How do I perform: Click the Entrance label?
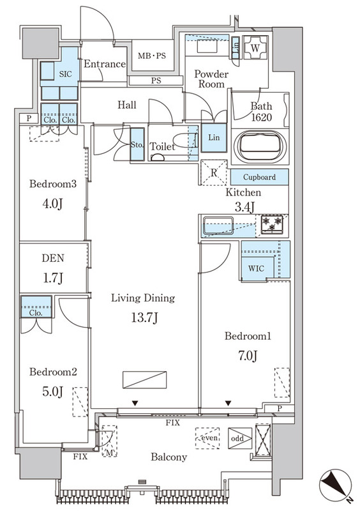tap(105, 64)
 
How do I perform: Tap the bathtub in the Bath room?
tap(260, 147)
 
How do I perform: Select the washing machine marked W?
tap(255, 47)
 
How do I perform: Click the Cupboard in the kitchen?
tap(260, 177)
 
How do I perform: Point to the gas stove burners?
tap(273, 224)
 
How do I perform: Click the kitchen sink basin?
tap(218, 225)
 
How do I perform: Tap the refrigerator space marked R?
tap(213, 172)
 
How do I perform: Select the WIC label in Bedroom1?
tap(256, 268)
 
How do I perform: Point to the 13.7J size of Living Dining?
tap(144, 317)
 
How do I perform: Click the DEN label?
tap(53, 258)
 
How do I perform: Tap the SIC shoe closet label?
tap(66, 74)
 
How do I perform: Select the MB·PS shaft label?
tap(152, 56)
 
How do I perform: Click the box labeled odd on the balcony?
tap(240, 438)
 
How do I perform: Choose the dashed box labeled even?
tap(207, 438)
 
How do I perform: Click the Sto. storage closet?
tap(137, 144)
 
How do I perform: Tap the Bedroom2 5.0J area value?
tap(52, 392)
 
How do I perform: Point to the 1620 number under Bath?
tap(262, 118)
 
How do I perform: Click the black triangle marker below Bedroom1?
tap(228, 404)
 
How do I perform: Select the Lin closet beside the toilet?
tap(214, 137)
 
